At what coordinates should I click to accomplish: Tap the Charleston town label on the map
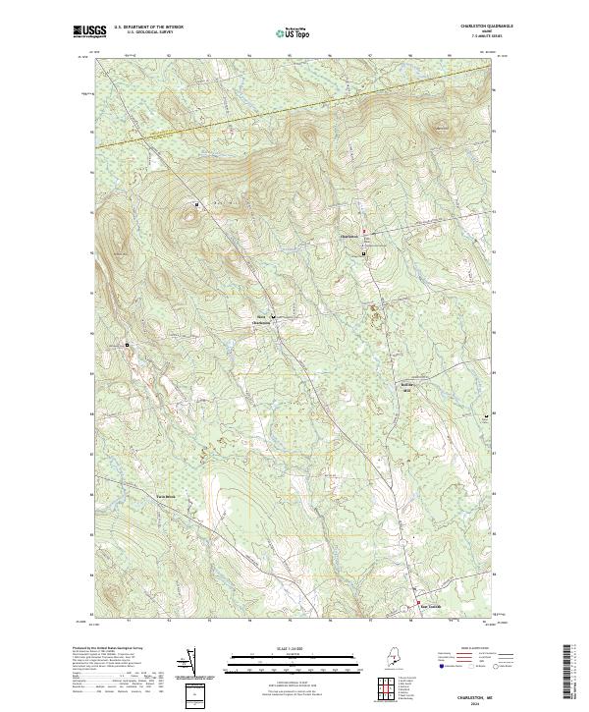pyautogui.click(x=349, y=237)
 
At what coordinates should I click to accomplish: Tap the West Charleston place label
pyautogui.click(x=260, y=318)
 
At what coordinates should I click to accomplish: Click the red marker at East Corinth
pyautogui.click(x=418, y=602)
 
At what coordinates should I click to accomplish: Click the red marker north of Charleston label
pyautogui.click(x=363, y=231)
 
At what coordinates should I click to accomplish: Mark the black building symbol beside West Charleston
pyautogui.click(x=274, y=318)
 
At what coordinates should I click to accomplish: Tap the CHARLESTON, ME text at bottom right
pyautogui.click(x=474, y=696)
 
